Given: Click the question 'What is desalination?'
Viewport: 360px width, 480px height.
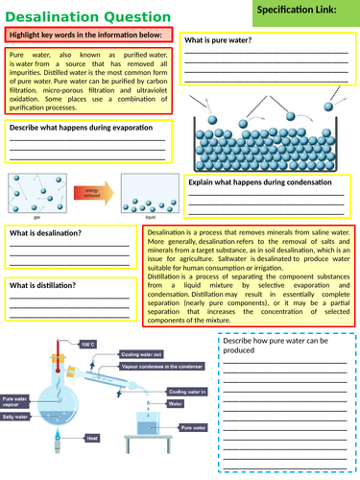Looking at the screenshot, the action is (46, 233).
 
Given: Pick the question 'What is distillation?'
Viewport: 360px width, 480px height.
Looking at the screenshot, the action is (44, 285).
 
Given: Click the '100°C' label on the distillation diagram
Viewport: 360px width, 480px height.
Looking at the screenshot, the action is (87, 343).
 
